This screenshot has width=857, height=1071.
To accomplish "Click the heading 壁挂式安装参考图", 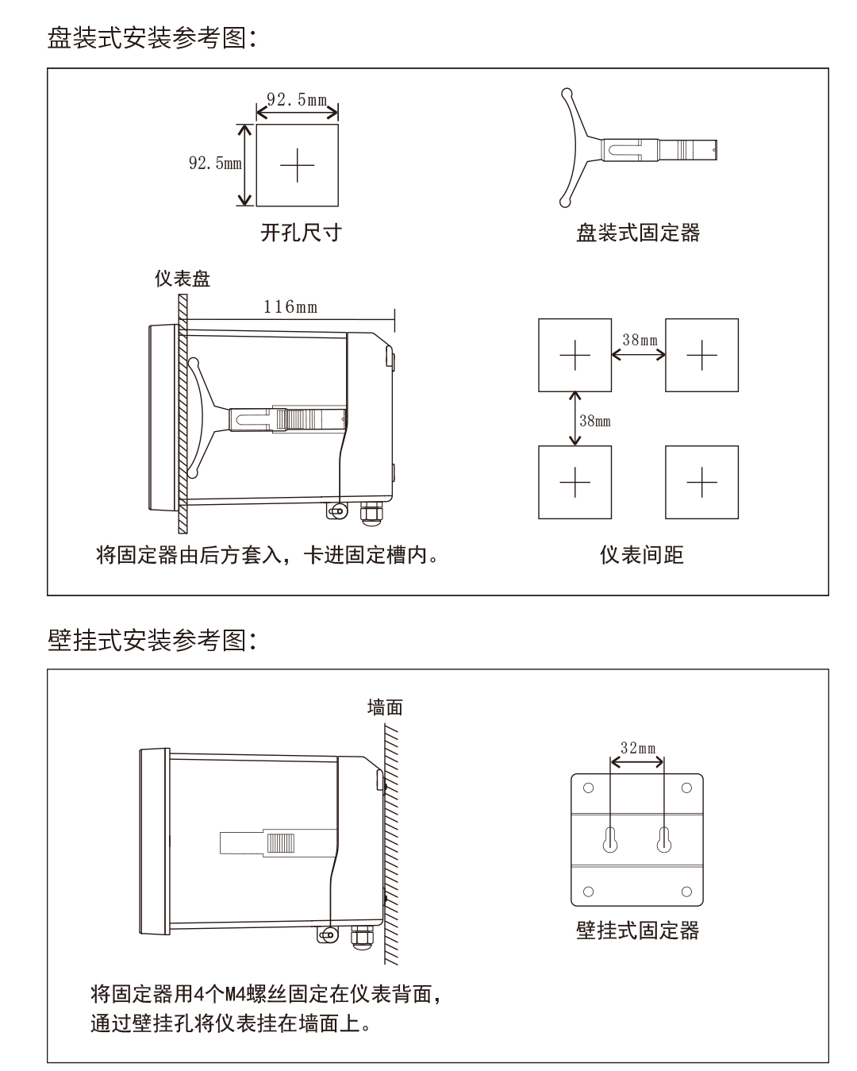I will point(151,640).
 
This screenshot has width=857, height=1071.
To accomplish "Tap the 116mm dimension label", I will point(290,306).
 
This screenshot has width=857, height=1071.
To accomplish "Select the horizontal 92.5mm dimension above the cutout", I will point(297,100).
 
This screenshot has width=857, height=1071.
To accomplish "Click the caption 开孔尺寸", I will point(301,233).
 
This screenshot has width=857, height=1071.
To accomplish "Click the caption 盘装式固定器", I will point(638,233).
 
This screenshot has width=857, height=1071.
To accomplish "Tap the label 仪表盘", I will point(182,279).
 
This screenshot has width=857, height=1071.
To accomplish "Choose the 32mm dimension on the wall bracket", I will point(638,748).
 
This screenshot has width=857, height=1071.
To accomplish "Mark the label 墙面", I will point(385,707).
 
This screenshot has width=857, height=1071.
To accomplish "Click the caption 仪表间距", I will point(641,554).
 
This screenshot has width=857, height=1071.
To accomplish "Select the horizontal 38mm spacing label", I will point(640,341).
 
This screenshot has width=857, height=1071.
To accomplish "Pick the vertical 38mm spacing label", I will point(595,421).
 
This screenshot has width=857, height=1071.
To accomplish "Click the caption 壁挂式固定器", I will point(638,930).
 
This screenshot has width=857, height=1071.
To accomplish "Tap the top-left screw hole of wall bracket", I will point(588,788).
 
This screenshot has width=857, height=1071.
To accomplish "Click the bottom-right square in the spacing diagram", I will point(701,482).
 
